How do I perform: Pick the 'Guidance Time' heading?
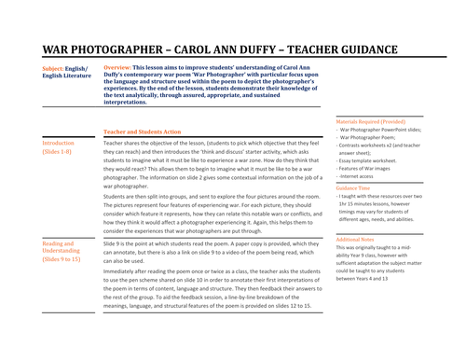[x=358, y=189]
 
